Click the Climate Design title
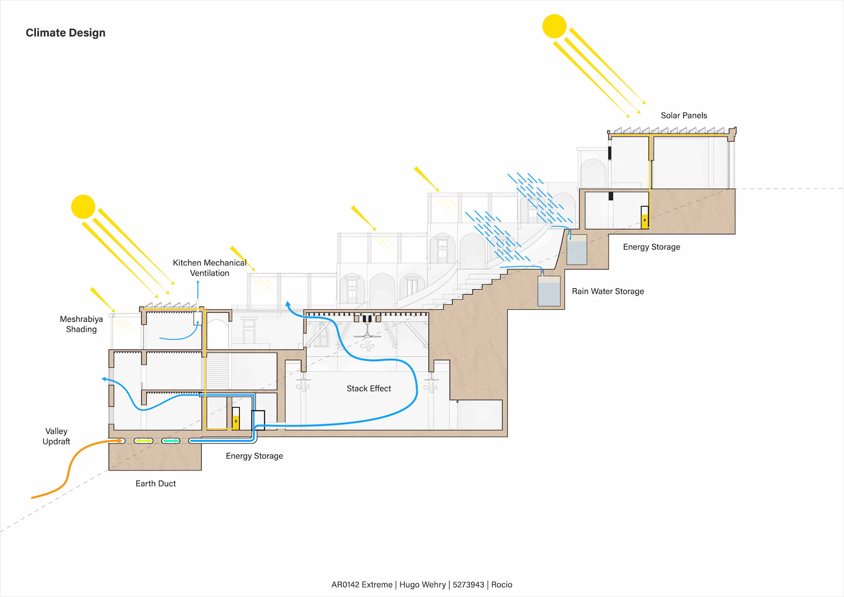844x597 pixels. coord(65,33)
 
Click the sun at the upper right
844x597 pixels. coord(554,26)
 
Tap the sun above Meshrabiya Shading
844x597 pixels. coord(83,207)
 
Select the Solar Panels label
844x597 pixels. coord(684,116)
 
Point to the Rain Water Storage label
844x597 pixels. coord(608,291)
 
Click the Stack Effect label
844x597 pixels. coord(368,388)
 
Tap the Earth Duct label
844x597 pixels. coord(155,483)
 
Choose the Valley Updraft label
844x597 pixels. coord(56,436)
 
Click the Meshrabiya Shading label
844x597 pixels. coord(81,324)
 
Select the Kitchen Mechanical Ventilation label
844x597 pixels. coord(210,267)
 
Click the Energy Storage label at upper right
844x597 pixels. coord(651,247)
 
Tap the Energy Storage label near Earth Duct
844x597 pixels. coord(254,456)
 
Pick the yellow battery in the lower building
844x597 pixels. coord(236,421)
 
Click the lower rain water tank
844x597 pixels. coord(549,291)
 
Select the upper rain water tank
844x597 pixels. coord(577,250)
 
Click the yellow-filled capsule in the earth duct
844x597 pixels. coord(143,440)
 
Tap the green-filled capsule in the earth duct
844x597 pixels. coord(171,440)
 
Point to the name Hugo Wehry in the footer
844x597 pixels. coord(422,585)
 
